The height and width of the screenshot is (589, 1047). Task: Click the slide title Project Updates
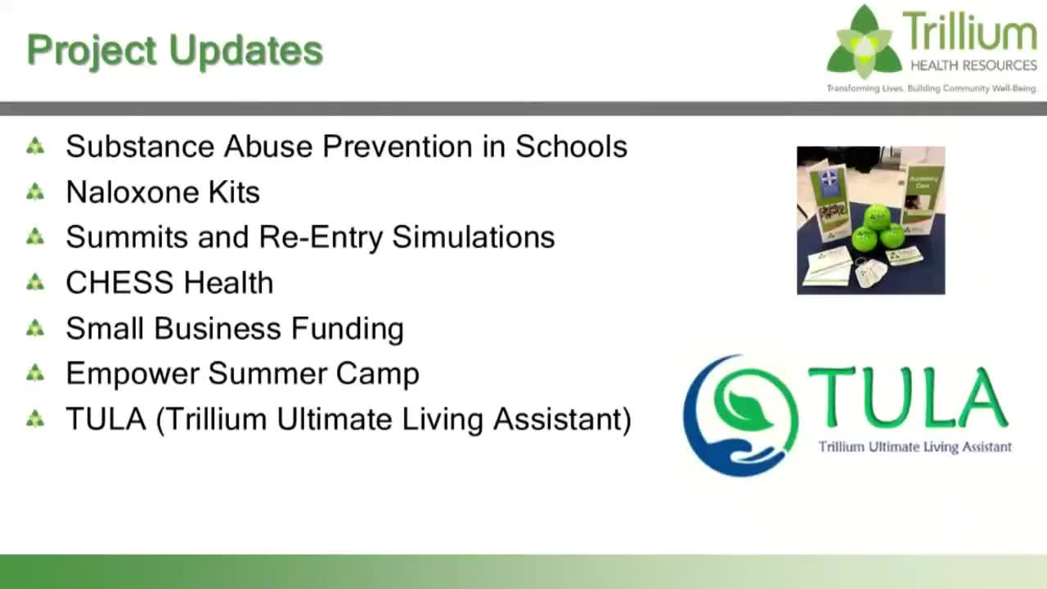point(174,51)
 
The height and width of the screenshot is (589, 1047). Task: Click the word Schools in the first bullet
point(571,146)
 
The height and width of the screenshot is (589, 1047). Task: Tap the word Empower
point(132,374)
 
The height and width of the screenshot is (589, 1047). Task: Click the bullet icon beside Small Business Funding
point(35,328)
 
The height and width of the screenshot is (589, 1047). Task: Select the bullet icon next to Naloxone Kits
point(35,192)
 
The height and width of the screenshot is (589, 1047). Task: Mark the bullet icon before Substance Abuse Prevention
point(35,146)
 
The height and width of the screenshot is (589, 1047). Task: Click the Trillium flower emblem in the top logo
point(864,43)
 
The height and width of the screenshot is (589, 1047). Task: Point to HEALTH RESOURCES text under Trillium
point(973,65)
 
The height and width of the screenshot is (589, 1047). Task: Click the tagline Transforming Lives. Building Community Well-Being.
point(931,88)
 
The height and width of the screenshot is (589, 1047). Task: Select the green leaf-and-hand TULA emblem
point(740,415)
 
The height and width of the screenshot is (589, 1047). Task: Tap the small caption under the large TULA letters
point(914,447)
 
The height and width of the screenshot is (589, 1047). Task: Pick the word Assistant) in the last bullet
point(563,420)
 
